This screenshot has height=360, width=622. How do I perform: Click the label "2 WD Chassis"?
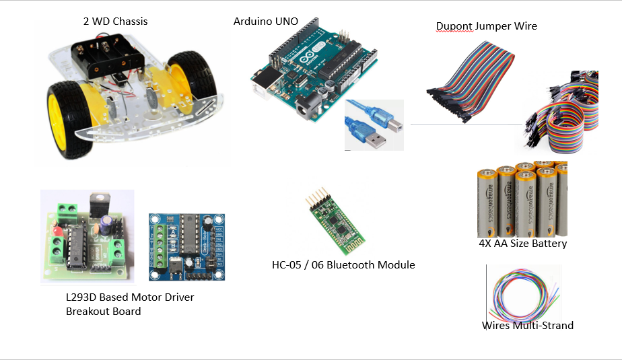pyautogui.click(x=115, y=21)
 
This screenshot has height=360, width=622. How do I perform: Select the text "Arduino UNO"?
pyautogui.click(x=265, y=21)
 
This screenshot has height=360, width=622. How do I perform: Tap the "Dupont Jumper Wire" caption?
pyautogui.click(x=486, y=26)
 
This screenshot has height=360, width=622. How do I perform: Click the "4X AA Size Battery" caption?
pyautogui.click(x=522, y=244)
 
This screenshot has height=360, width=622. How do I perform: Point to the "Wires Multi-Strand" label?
pyautogui.click(x=527, y=326)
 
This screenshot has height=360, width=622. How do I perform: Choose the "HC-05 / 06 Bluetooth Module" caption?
pyautogui.click(x=343, y=264)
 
